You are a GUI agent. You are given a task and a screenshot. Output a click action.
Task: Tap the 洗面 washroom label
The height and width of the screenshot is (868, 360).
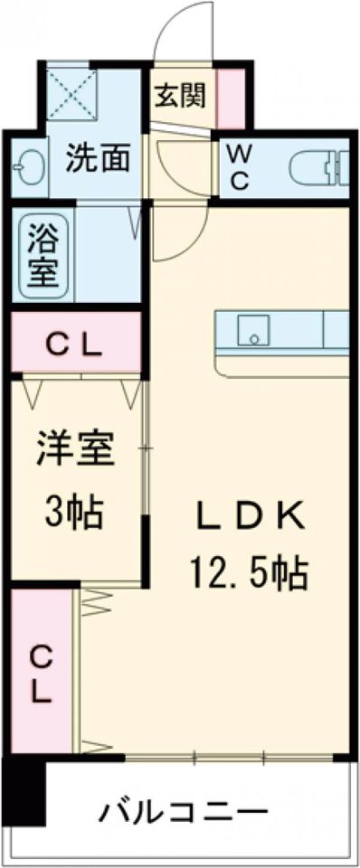point(99,159)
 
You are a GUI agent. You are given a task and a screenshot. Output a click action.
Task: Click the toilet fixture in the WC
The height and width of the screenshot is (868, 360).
point(320,166)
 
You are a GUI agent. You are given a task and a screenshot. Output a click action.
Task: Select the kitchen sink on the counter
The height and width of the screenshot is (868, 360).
point(254,331)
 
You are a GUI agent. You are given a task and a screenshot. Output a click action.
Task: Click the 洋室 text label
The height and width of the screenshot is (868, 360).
point(76,449)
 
